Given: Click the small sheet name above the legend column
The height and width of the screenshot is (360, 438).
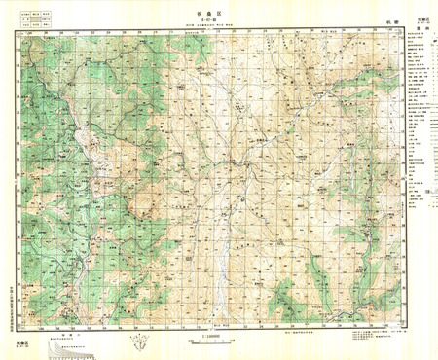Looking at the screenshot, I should [422, 18].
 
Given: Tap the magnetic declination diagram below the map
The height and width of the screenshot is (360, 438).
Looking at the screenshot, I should [142, 342].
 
